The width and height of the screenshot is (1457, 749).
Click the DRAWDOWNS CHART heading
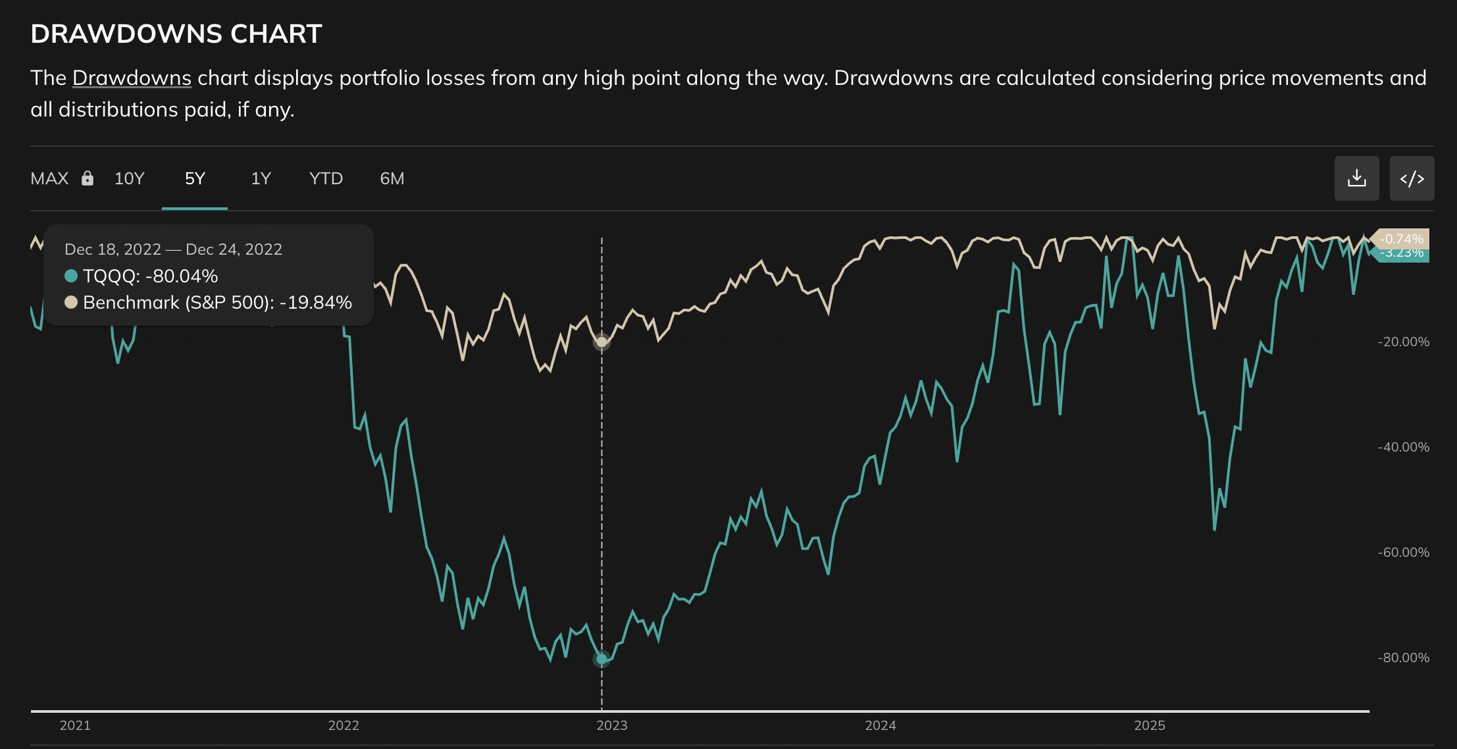[176, 34]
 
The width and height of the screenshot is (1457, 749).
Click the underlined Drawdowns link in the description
[132, 78]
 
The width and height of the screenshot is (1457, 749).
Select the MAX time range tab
[49, 178]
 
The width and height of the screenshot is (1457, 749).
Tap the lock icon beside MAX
[88, 178]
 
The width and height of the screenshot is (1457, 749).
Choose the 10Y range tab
[129, 178]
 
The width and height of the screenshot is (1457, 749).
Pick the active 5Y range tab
[195, 178]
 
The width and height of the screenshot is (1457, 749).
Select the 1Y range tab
[261, 178]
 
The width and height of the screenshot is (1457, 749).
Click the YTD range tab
[326, 178]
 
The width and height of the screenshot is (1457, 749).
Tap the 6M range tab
[392, 178]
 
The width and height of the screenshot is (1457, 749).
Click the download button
[1356, 178]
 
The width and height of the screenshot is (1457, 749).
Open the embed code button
[1412, 178]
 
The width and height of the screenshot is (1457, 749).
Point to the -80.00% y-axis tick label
[1403, 658]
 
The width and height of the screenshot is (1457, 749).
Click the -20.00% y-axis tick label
[1403, 342]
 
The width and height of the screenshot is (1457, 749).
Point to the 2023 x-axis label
[611, 725]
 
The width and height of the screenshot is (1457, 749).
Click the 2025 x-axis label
[1149, 725]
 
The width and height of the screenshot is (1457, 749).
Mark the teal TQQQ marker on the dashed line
[601, 659]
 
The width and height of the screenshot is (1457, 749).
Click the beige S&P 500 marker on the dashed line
[601, 342]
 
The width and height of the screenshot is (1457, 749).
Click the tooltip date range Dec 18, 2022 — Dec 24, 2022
[173, 249]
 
